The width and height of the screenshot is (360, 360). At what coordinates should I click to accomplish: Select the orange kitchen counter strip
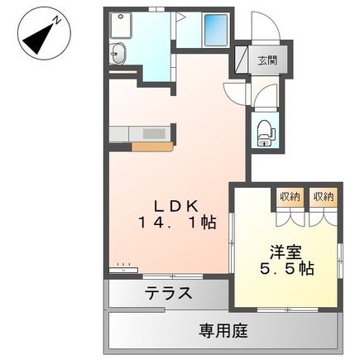[151, 147]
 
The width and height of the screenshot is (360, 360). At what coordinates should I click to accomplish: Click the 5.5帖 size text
[286, 269]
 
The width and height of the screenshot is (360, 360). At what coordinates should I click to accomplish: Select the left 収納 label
[290, 197]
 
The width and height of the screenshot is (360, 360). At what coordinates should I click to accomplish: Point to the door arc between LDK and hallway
[235, 93]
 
